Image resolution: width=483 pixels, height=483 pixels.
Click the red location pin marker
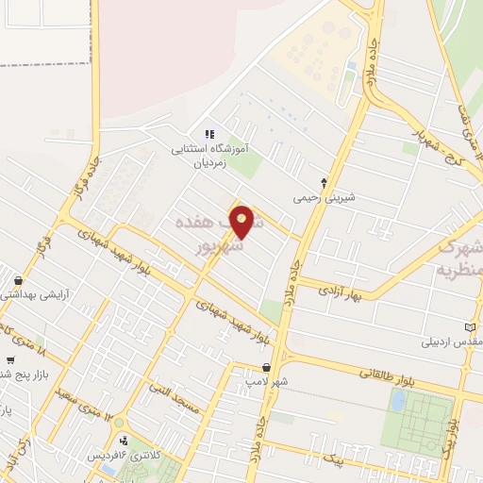pos(243,222)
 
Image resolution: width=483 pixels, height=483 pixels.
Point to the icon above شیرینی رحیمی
pos(325,182)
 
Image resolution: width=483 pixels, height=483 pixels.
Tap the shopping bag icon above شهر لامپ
pos(267,368)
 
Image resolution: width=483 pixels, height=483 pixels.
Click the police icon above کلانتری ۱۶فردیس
pos(124,440)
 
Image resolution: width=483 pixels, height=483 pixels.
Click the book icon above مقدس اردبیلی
pos(475,326)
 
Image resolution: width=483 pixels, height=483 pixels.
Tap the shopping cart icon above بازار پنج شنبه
pos(10,358)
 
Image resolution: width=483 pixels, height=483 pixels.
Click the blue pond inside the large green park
pos(398,401)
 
